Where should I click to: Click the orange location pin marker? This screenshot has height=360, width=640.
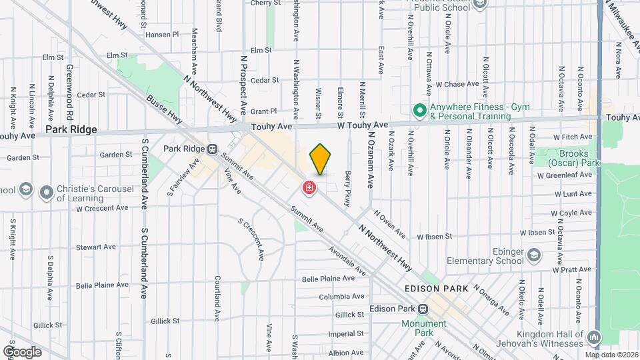click(320, 159)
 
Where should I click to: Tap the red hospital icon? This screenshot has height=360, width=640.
click(309, 187)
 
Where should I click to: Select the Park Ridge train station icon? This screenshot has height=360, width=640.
click(213, 149)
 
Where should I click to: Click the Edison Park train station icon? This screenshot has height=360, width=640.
click(423, 310)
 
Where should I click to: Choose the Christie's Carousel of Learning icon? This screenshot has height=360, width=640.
click(46, 193)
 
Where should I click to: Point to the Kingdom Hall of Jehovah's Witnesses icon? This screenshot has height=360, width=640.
click(593, 337)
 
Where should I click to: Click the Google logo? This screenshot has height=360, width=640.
click(22, 351)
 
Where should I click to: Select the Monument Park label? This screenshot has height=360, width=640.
click(423, 327)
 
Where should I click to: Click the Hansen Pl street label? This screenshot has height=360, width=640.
click(162, 34)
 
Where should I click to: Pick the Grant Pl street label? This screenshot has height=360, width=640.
click(263, 111)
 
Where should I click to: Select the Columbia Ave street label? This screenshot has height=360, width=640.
click(341, 297)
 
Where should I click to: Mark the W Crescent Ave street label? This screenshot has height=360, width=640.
click(101, 208)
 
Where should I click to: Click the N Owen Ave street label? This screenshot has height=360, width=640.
click(389, 224)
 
